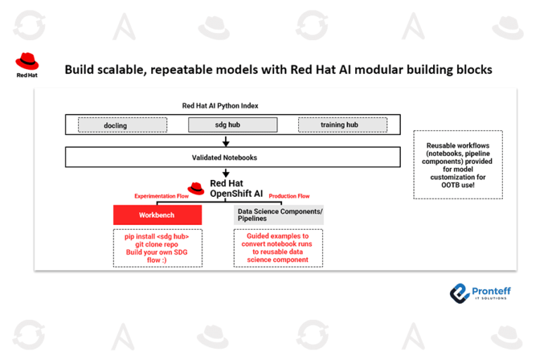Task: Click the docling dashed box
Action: pos(122,125)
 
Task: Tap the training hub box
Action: pos(342,125)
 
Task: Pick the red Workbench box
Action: pos(157,215)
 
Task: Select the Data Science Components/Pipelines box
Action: pos(278,215)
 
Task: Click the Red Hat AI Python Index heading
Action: pos(220,105)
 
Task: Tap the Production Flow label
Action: pos(289,196)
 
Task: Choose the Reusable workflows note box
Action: pos(458,163)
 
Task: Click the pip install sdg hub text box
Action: pos(157,247)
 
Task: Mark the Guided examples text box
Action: pos(278,248)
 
